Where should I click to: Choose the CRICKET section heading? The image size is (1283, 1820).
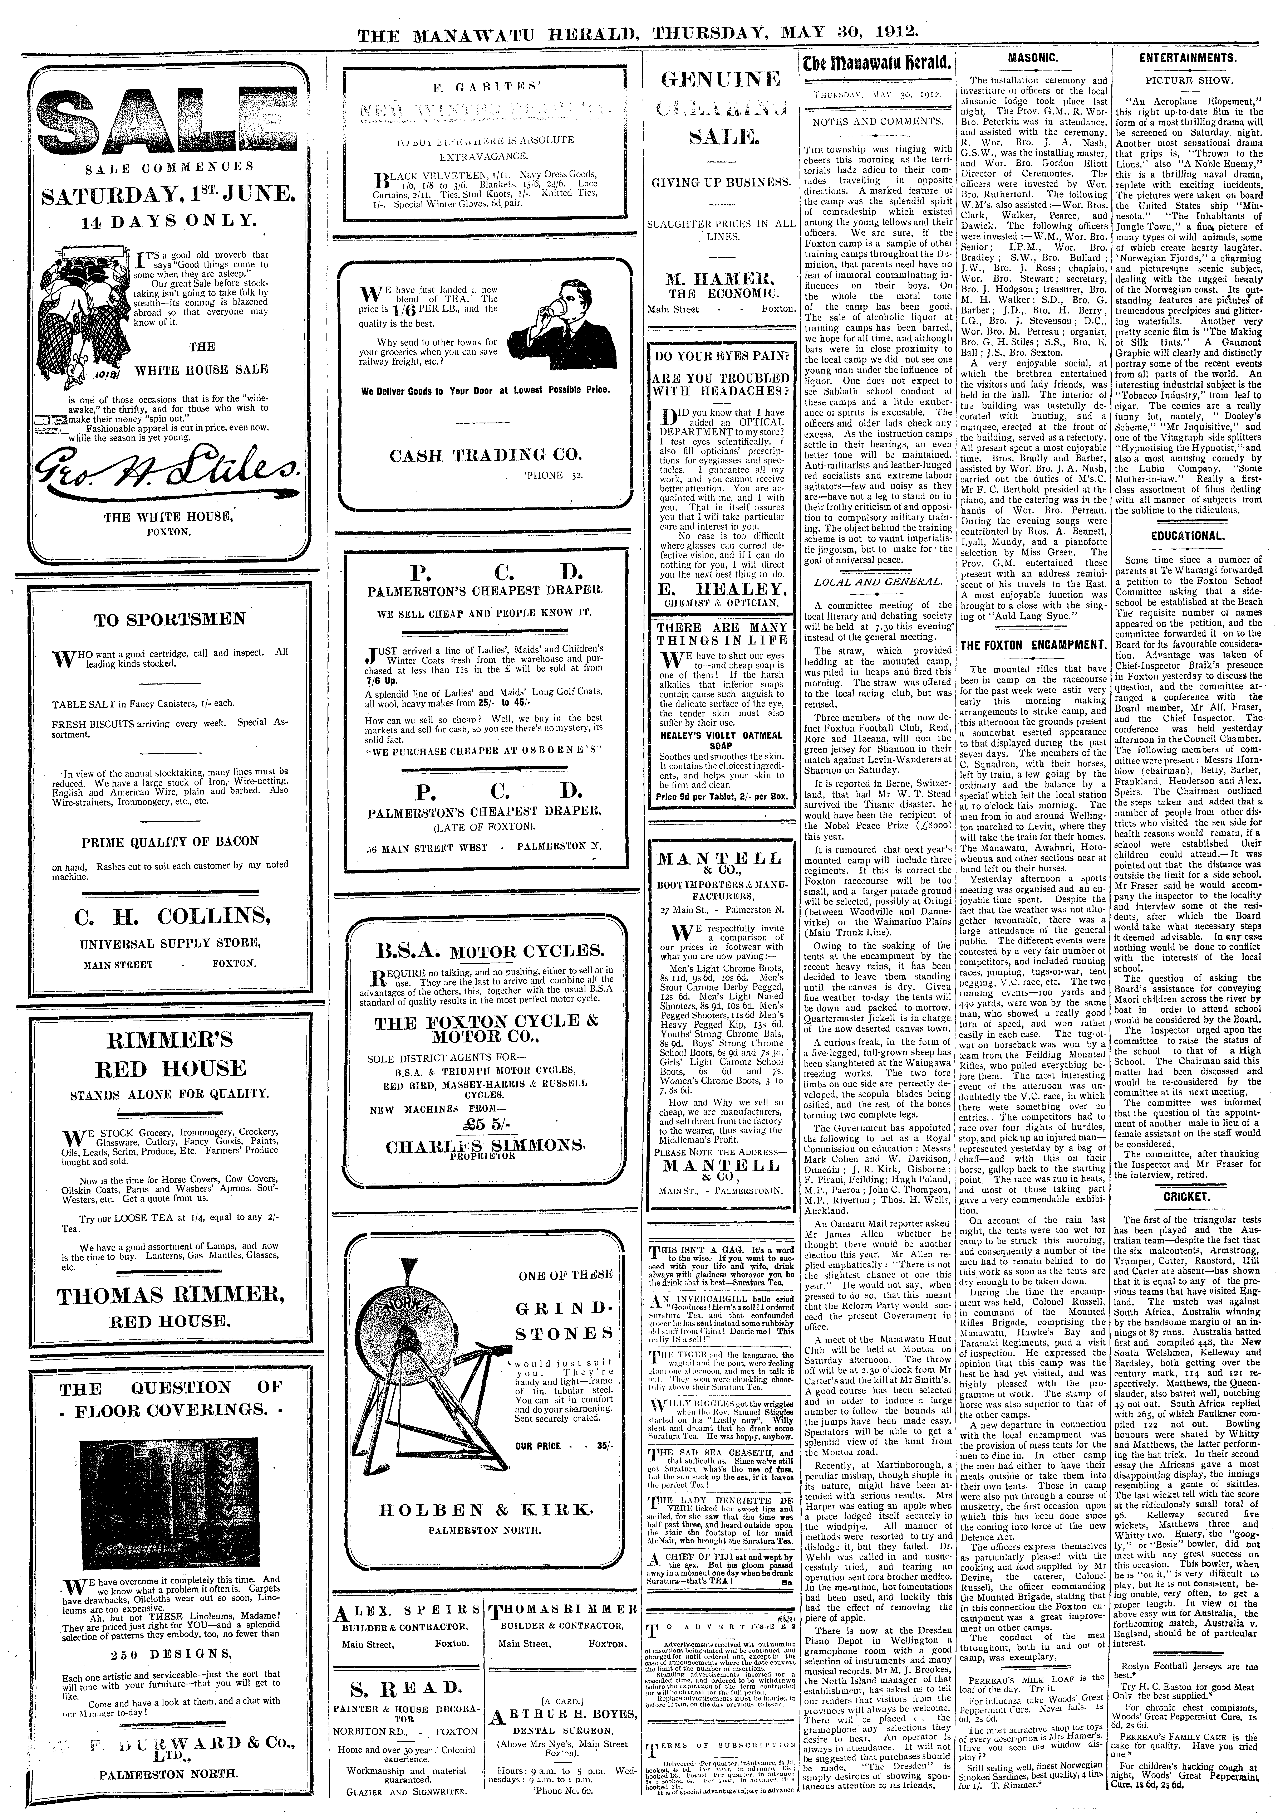click(x=1187, y=1196)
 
